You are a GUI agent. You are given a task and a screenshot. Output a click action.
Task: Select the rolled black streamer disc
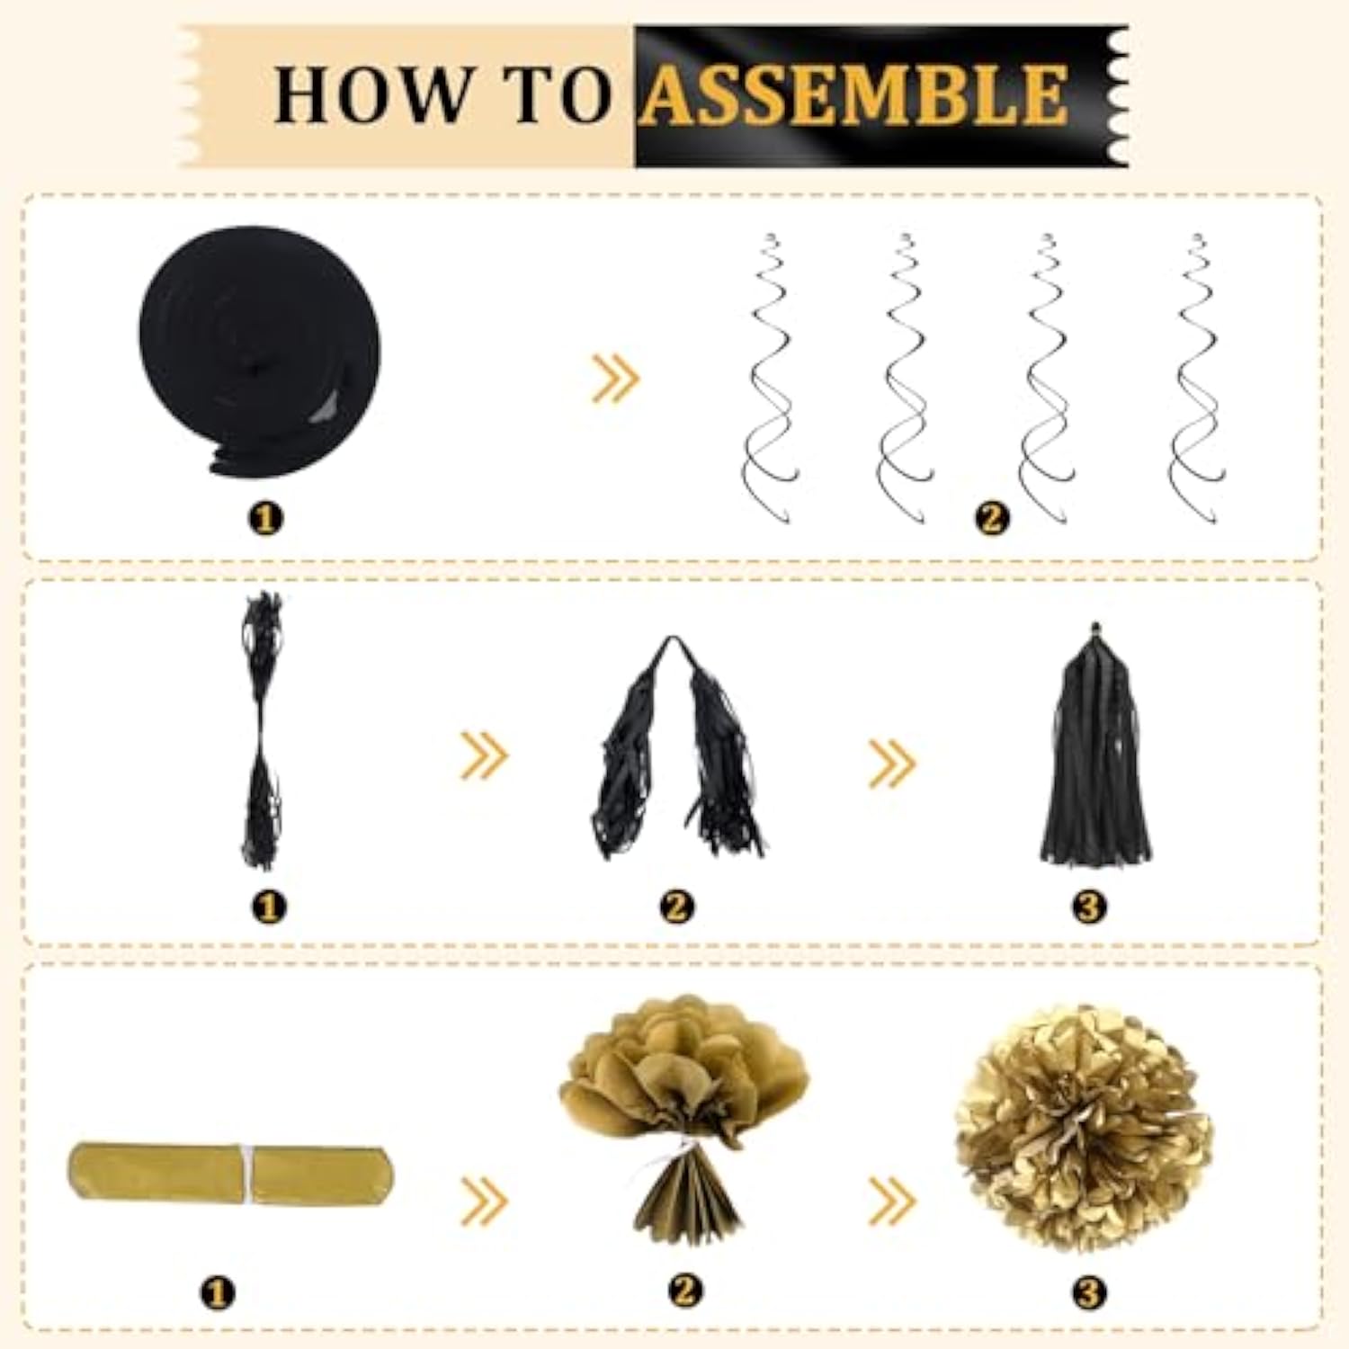[x=260, y=346]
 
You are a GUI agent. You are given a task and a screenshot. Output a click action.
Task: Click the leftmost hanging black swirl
[x=770, y=378]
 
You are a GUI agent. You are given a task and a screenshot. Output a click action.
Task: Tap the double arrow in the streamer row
[x=615, y=378]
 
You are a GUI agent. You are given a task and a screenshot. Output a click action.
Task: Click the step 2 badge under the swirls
[x=992, y=518]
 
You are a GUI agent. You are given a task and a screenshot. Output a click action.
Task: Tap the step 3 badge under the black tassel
[x=1088, y=906]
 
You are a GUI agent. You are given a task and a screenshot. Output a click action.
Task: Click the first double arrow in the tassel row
[x=484, y=755]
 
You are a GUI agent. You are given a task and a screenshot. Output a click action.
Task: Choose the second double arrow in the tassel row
[x=891, y=763]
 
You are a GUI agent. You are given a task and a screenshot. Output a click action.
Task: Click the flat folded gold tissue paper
[x=230, y=1174]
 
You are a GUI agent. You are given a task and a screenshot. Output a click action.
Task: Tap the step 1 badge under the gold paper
[x=216, y=1293]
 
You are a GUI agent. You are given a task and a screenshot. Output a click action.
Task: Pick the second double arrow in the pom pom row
[x=891, y=1201]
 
